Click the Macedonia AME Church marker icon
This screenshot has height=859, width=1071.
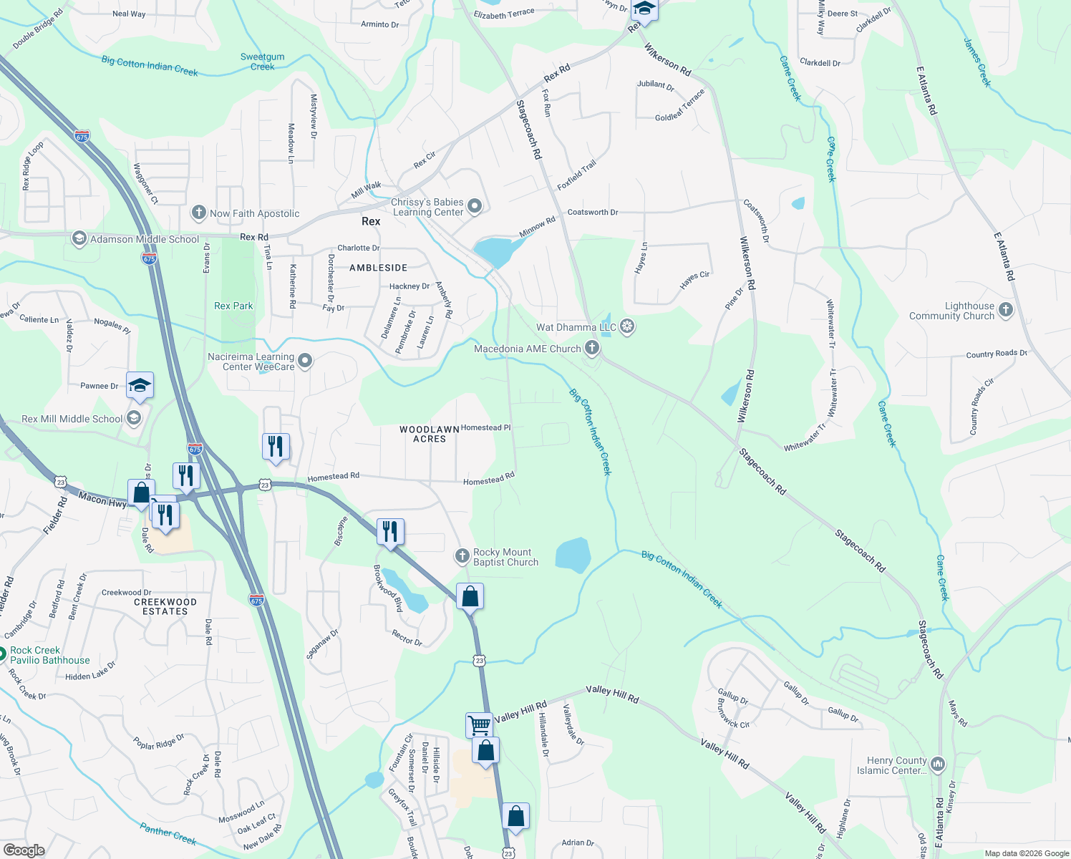click(592, 349)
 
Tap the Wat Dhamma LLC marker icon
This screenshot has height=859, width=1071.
click(627, 327)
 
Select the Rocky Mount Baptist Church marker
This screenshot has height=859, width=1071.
click(462, 556)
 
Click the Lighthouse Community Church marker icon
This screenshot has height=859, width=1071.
click(1006, 310)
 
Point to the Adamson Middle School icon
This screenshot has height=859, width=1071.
click(79, 239)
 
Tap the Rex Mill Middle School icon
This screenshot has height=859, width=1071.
click(134, 419)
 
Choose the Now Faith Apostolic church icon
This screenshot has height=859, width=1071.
click(199, 213)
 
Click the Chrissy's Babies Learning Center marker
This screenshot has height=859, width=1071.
click(474, 207)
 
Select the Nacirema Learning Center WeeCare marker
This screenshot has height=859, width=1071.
click(306, 361)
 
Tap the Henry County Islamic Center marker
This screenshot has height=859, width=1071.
click(938, 765)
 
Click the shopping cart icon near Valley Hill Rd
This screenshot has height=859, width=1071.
click(479, 724)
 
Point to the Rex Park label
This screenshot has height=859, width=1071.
click(233, 306)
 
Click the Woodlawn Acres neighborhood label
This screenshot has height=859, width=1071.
click(430, 434)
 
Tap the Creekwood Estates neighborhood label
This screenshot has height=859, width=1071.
click(165, 606)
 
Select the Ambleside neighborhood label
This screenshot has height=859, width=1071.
click(378, 268)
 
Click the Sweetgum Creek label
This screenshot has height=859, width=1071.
click(262, 62)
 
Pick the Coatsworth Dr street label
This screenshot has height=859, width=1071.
click(593, 212)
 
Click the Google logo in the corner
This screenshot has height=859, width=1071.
click(24, 850)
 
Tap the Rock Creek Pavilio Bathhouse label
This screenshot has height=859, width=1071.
click(49, 655)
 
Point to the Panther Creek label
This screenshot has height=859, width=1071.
click(168, 834)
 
